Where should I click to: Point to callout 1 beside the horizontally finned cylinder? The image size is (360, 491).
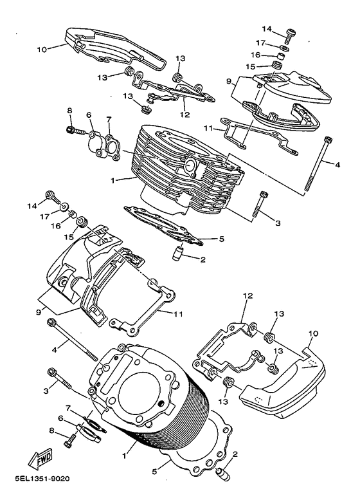coord(113,181)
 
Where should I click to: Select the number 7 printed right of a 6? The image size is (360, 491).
coord(109,119)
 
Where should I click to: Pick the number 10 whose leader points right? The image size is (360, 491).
coord(42,49)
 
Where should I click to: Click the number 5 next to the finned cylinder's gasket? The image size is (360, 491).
coord(221,239)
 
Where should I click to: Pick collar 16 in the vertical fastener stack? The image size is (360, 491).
coord(281,55)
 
